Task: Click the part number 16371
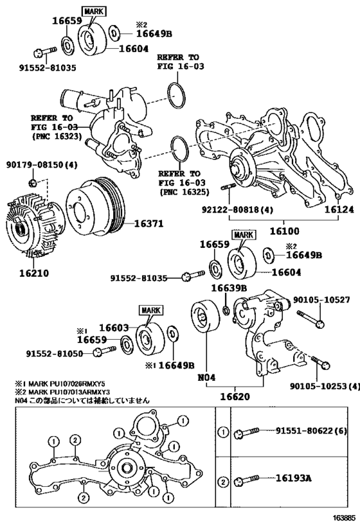[148, 224]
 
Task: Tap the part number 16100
[285, 231]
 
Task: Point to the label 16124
[339, 209]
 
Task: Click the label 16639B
[230, 288]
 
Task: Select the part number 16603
[114, 328]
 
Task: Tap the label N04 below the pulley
[206, 378]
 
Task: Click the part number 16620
[235, 396]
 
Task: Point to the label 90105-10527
[321, 299]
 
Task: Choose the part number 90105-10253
[318, 386]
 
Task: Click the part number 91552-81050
[55, 354]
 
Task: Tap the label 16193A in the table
[294, 478]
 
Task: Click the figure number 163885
[344, 518]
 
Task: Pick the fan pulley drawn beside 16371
[95, 207]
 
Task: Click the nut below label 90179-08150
[33, 183]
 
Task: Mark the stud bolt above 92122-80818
[227, 187]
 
